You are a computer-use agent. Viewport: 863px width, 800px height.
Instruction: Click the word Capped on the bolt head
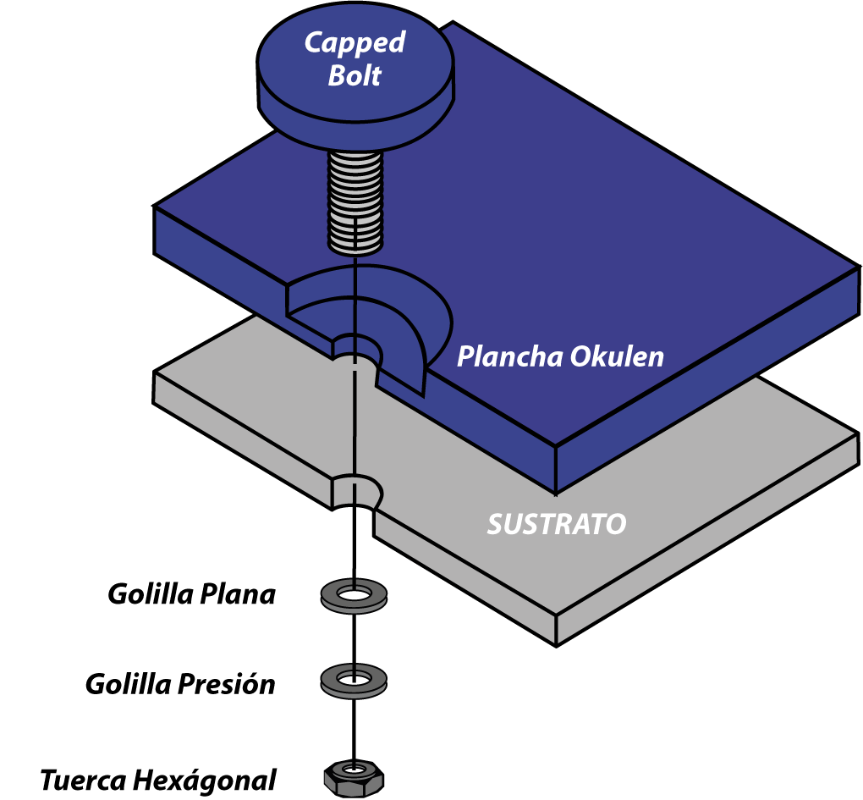(x=355, y=42)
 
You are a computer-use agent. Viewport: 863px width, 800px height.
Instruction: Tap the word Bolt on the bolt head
(x=355, y=76)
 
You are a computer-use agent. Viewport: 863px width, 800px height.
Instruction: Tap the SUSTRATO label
(x=556, y=525)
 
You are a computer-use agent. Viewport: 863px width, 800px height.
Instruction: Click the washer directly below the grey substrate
(x=355, y=596)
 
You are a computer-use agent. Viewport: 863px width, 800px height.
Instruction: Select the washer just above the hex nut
(x=355, y=679)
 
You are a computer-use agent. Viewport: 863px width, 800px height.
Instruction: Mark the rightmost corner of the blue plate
(x=856, y=271)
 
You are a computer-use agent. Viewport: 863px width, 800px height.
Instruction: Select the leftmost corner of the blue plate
(x=157, y=208)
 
